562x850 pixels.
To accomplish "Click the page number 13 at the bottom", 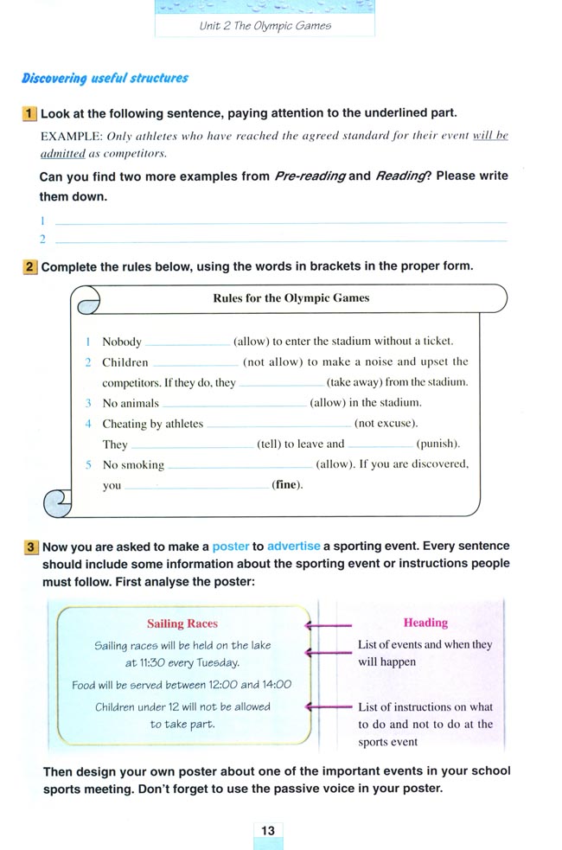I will pyautogui.click(x=268, y=830).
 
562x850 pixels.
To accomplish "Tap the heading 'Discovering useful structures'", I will pyautogui.click(x=105, y=78).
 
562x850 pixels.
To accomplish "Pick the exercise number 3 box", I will pyautogui.click(x=30, y=546).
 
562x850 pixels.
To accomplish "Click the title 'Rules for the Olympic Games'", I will pyautogui.click(x=291, y=298).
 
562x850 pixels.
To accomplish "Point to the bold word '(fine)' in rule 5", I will pyautogui.click(x=288, y=485).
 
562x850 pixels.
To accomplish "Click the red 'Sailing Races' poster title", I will pyautogui.click(x=182, y=623).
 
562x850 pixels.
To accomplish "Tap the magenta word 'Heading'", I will pyautogui.click(x=425, y=623).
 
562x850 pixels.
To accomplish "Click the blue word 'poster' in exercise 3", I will pyautogui.click(x=230, y=546).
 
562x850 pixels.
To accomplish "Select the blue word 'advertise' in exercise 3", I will pyautogui.click(x=293, y=546).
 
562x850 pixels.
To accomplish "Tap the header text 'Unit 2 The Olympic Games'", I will pyautogui.click(x=265, y=26).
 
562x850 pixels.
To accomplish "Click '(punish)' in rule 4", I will pyautogui.click(x=437, y=444).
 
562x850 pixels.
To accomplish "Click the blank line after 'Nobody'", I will pyautogui.click(x=188, y=342).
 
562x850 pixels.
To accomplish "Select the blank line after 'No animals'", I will pyautogui.click(x=234, y=403).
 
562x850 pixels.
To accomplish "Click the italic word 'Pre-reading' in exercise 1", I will pyautogui.click(x=310, y=176).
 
